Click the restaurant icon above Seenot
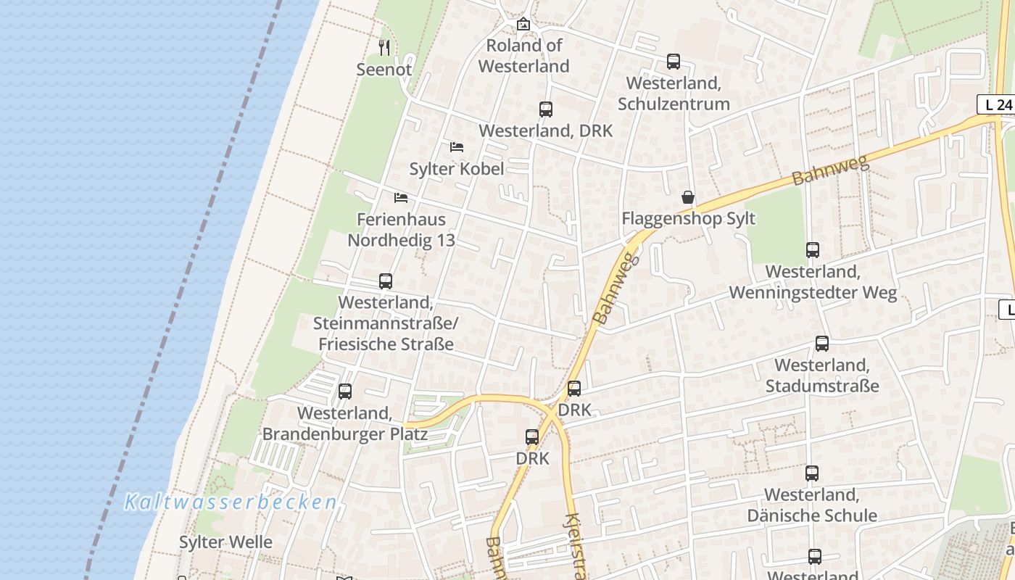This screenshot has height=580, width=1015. pos(384,48)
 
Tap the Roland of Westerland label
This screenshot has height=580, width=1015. pos(523,56)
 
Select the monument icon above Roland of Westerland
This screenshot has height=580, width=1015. pos(523,24)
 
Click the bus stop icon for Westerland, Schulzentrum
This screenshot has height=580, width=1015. pos(674,62)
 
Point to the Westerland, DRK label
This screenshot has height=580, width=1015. pos(545,131)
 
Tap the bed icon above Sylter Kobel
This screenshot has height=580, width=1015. pos(456,146)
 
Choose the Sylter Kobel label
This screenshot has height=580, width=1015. pos(456,169)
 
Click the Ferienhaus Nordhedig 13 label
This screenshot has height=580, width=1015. pos(401,230)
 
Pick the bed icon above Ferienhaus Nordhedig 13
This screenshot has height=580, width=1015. pos(401,197)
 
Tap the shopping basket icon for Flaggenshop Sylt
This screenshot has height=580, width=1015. pos(688,197)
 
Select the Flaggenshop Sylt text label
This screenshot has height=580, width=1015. pos(688,219)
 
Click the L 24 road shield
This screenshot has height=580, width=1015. pos(998,104)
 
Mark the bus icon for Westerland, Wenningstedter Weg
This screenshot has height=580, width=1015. pos(813,250)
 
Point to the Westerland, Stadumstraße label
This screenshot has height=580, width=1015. pos(822,376)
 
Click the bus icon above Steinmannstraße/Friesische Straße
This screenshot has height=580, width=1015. pos(386,281)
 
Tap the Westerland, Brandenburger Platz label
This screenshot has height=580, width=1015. pos(345,424)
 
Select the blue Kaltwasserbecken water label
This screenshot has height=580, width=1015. pos(231,502)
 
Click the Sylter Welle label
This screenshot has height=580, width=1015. pos(225,542)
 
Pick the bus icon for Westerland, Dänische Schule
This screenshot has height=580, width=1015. pos(812,473)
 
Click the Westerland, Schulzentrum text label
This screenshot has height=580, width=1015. pos(674,94)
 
